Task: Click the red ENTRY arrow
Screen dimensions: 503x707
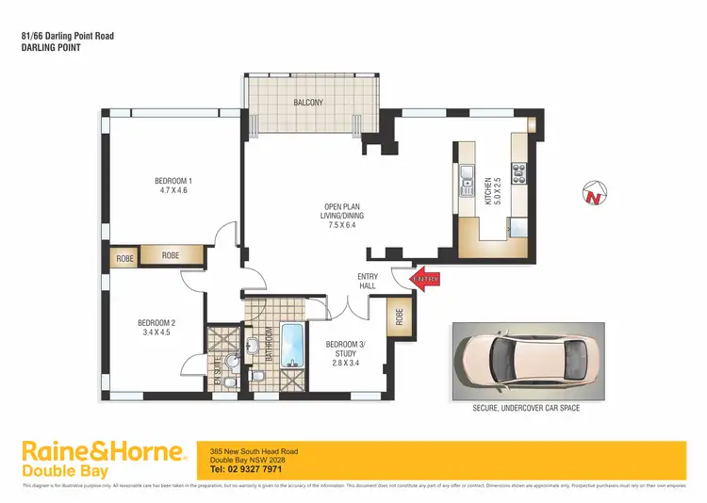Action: tap(425, 279)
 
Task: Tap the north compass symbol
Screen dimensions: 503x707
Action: tap(593, 195)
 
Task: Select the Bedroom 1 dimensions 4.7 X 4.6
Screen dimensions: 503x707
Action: tap(173, 191)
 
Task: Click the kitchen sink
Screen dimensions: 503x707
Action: tap(466, 174)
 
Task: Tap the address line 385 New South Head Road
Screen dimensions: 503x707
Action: tap(253, 451)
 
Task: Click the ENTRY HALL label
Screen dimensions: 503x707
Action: tap(369, 282)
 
